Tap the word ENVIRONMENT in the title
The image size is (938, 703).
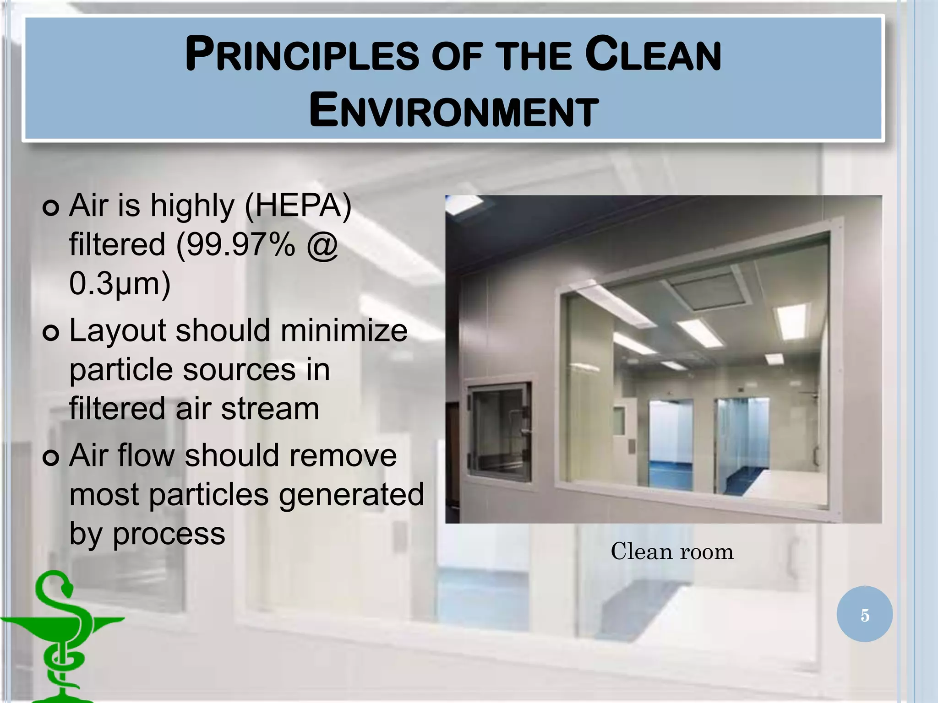[x=453, y=111]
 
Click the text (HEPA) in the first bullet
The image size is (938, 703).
[x=298, y=205]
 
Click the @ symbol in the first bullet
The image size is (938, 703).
[x=322, y=245]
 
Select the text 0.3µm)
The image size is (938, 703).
[x=120, y=284]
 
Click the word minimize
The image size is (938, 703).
[x=344, y=330]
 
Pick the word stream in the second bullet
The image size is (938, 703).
[x=270, y=408]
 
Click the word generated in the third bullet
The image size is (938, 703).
[x=351, y=495]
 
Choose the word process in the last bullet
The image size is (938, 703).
[x=169, y=534]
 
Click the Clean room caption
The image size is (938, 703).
[x=672, y=552]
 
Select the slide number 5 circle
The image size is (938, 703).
[x=864, y=614]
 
